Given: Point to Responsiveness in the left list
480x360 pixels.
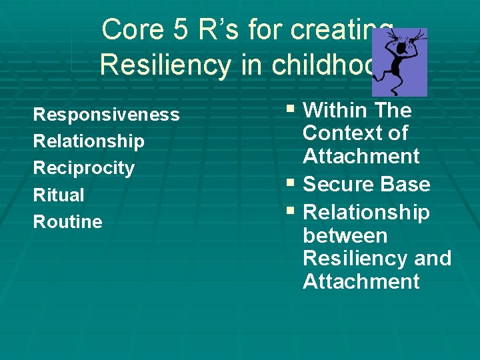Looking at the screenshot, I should click(106, 115).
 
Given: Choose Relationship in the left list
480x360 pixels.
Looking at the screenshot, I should click(89, 141).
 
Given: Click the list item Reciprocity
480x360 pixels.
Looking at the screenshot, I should click(84, 168).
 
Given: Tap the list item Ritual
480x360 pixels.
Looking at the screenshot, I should click(59, 195).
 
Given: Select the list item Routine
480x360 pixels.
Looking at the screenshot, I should click(68, 222).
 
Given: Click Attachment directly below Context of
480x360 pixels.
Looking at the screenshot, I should click(361, 157).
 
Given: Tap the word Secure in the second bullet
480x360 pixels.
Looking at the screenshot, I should click(336, 184).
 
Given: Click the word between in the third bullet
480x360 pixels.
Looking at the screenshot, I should click(345, 235).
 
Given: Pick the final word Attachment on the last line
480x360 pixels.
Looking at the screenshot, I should click(361, 281).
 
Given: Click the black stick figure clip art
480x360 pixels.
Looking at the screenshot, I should click(399, 62).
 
